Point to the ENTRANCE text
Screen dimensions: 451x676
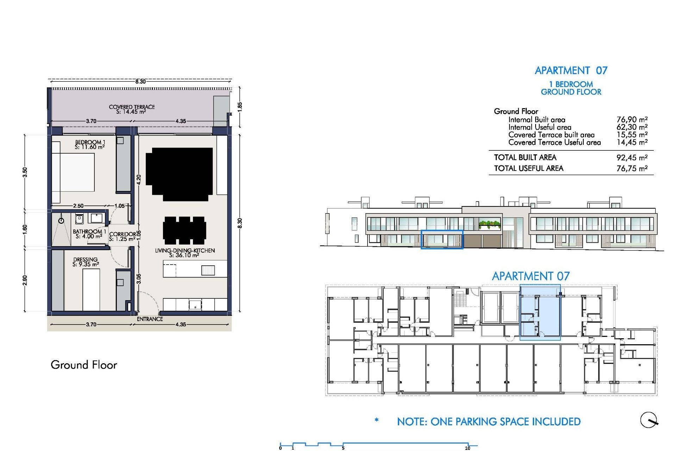150,319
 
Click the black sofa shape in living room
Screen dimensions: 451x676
180,174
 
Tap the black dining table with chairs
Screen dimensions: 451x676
184,230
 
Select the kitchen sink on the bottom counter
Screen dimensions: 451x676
195,304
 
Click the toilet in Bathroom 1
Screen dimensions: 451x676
79,219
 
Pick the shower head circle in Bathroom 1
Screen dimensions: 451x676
61,221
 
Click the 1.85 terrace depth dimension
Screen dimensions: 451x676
240,106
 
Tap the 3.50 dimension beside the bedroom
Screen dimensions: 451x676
25,172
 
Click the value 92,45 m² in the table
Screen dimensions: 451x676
632,157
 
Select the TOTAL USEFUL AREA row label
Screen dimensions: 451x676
528,168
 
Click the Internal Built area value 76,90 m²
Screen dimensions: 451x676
632,119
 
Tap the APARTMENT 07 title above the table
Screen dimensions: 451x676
571,70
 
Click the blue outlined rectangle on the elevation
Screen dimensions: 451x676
442,240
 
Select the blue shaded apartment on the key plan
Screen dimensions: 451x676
540,314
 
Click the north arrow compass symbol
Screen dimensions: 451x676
649,420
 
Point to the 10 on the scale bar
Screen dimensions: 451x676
468,448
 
